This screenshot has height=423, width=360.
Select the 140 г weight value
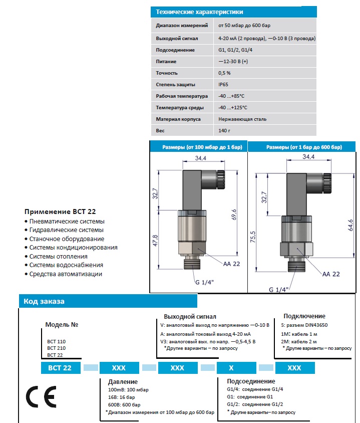(x=225, y=131)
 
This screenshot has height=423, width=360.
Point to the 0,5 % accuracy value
(x=225, y=73)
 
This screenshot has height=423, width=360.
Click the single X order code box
(x=231, y=367)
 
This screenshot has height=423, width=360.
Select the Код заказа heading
(x=44, y=301)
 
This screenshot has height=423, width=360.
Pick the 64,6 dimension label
(x=350, y=225)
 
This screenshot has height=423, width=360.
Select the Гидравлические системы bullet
(x=66, y=230)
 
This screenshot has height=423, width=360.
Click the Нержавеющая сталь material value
(x=242, y=119)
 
